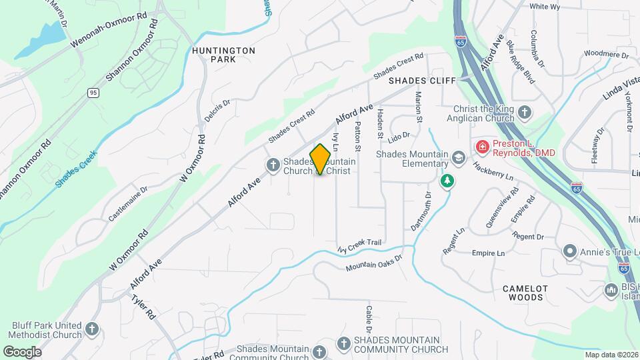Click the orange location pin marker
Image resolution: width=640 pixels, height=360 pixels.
321,159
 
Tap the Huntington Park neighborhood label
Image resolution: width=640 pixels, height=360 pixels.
223,55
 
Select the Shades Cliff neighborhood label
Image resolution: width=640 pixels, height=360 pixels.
422,81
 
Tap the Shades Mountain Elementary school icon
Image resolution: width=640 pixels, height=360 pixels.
458,158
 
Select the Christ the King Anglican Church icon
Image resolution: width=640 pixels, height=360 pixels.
525,113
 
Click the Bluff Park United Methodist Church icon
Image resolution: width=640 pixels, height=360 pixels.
92,329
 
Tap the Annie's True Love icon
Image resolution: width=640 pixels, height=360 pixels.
569,251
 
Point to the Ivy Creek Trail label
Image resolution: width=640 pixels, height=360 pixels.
359,246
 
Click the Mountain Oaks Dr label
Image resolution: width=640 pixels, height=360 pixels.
375,263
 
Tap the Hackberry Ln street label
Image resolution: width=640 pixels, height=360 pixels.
494,172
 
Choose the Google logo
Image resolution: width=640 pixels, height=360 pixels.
22,351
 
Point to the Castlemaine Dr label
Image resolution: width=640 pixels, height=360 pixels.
128,205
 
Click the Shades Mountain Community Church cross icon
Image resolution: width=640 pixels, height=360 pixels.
344,343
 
